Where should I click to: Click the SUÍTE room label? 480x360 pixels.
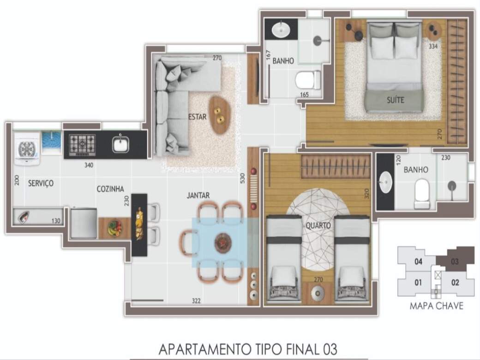point(395,100)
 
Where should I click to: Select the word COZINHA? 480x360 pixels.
point(110,189)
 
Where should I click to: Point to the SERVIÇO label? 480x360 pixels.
point(41,183)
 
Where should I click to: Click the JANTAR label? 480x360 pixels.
point(198,195)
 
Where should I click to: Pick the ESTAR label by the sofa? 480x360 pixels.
point(198,117)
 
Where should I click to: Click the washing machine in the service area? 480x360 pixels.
point(27,149)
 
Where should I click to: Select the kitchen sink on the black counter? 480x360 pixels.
point(120,144)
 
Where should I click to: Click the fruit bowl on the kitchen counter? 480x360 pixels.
point(115,228)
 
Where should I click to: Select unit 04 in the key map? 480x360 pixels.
point(418,262)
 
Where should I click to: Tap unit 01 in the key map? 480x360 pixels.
point(418,282)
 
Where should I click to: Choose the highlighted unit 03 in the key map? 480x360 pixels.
point(455,262)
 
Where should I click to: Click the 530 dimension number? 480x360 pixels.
point(242,178)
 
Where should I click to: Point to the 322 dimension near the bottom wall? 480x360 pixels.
point(196,301)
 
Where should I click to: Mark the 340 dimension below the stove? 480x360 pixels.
point(89,165)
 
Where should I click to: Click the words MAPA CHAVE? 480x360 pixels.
point(437,306)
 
